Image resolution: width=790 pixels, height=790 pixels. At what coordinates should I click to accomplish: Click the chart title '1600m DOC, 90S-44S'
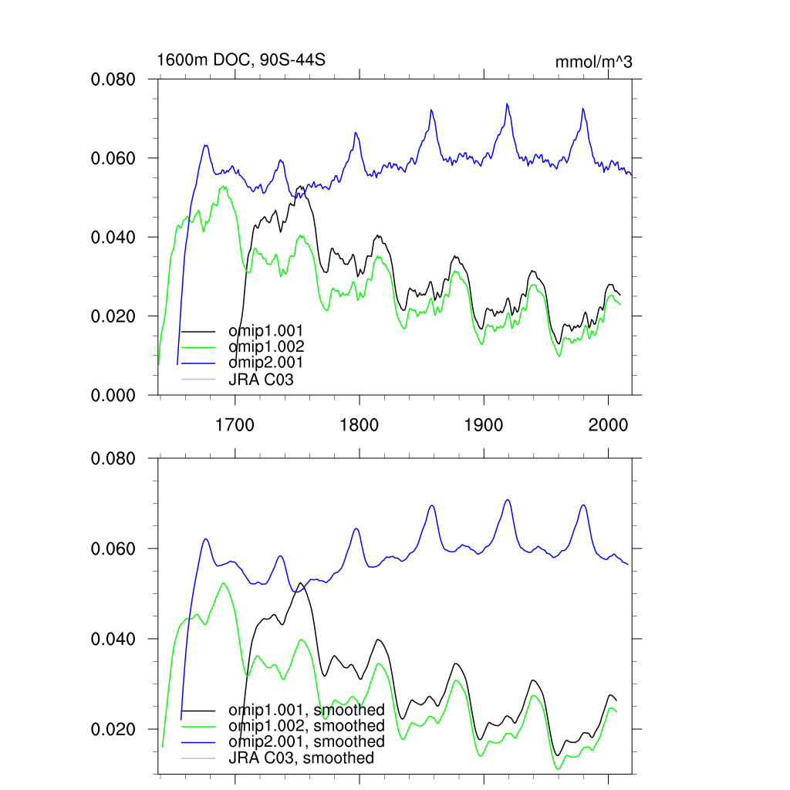235,59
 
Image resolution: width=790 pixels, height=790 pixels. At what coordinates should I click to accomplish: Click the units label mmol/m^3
593,62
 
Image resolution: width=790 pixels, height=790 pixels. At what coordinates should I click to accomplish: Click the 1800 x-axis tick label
359,423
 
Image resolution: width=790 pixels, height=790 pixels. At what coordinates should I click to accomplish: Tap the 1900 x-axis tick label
483,423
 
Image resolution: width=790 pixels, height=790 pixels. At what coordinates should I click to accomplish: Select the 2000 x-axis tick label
607,423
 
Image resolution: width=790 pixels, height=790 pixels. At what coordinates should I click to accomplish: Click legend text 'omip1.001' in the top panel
265,331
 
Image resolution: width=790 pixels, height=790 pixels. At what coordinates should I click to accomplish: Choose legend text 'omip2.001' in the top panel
265,362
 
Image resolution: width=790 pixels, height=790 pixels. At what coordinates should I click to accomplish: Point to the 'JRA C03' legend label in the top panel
261,379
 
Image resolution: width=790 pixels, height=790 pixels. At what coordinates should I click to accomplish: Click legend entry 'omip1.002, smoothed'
306,726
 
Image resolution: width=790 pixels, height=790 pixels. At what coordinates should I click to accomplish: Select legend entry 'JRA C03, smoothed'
301,758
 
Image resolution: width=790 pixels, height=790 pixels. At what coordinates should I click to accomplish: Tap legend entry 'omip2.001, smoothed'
306,741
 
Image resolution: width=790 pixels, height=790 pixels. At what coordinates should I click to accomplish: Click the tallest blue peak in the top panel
507,103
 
